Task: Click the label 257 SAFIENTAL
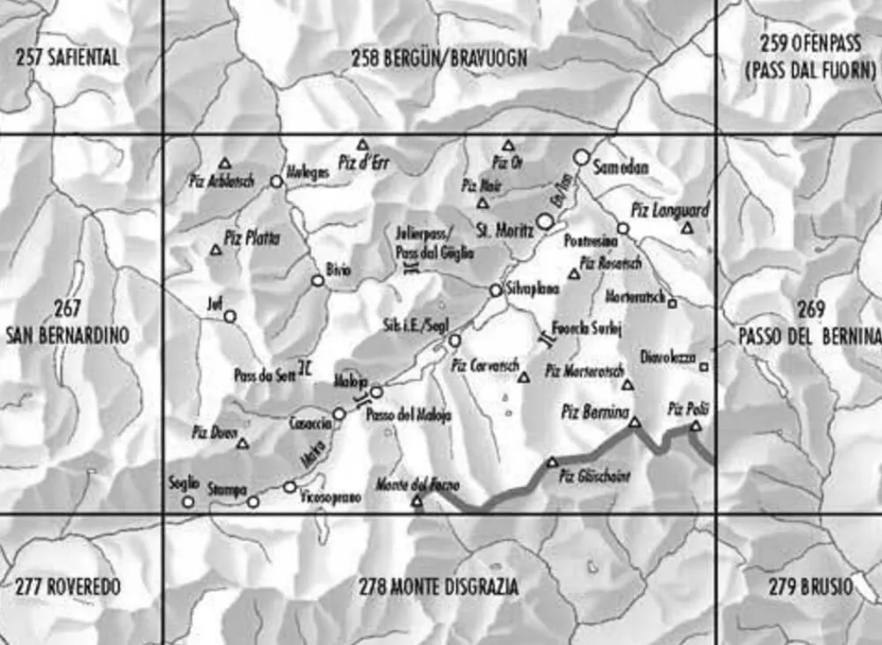[67, 58]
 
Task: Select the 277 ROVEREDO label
[67, 587]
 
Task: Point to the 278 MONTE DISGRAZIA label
[438, 587]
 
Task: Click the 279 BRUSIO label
[803, 587]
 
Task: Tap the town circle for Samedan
[580, 157]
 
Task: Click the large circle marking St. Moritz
[546, 223]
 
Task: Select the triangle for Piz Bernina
[634, 424]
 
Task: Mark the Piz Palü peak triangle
[695, 426]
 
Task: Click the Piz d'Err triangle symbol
[362, 144]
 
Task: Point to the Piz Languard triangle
[687, 228]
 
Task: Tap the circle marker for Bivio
[318, 281]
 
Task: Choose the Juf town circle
[229, 316]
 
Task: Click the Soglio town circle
[187, 501]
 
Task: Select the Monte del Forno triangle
[417, 501]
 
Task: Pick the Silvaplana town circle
[496, 290]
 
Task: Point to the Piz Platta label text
[251, 236]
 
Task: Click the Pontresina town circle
[623, 228]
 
